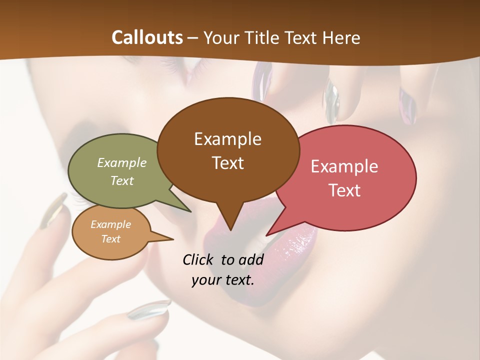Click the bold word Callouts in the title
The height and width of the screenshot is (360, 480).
coord(147,37)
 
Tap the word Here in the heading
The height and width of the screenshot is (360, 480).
coord(341,37)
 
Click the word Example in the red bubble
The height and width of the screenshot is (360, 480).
coord(344,166)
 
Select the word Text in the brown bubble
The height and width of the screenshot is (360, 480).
coord(228,163)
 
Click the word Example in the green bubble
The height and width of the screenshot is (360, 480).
coord(122,162)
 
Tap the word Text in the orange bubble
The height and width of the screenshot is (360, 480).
coord(111,239)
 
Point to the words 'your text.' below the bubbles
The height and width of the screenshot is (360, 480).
coord(223,280)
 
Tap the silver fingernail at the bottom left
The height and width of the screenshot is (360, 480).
coord(148,309)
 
